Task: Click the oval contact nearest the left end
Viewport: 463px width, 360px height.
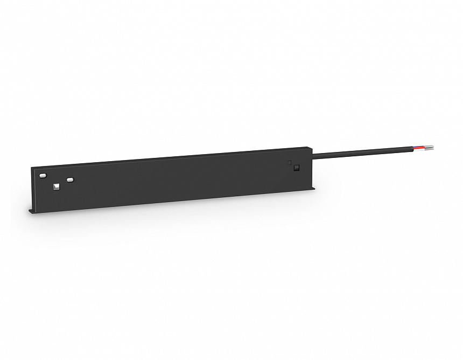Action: tap(43, 176)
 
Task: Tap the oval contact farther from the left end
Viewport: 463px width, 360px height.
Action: tap(70, 179)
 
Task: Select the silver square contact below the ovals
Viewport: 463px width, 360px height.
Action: tap(57, 187)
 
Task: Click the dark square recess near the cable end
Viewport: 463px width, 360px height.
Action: tap(296, 168)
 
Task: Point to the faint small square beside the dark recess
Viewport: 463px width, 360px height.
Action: tap(290, 162)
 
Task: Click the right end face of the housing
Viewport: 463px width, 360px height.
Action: tap(313, 167)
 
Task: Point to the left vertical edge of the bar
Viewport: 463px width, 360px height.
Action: tap(33, 189)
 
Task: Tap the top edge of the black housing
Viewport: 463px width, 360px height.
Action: tap(172, 156)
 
